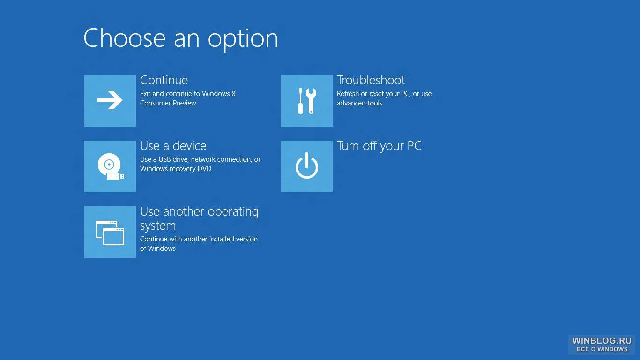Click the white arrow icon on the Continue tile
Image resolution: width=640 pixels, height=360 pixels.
click(x=110, y=100)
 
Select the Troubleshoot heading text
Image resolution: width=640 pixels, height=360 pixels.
click(x=371, y=80)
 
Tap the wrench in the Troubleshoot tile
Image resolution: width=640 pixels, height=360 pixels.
click(x=311, y=101)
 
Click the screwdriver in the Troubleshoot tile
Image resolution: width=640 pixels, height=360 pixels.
click(x=300, y=101)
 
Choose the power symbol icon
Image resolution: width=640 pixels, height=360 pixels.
click(x=307, y=166)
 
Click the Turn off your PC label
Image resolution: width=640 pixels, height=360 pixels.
click(x=379, y=146)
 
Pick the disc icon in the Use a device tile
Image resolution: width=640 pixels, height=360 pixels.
click(x=109, y=164)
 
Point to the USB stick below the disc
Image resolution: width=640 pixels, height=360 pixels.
click(x=115, y=176)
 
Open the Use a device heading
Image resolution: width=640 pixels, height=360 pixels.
click(x=173, y=146)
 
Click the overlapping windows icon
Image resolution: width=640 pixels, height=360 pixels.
click(x=110, y=233)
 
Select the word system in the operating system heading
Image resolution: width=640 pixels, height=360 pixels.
click(x=158, y=226)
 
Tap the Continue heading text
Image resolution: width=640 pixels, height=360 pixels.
click(x=164, y=80)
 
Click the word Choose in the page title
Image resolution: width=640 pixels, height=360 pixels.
click(x=125, y=38)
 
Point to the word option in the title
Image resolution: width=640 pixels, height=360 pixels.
click(x=243, y=40)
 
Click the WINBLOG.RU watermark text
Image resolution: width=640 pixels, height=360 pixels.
click(x=602, y=341)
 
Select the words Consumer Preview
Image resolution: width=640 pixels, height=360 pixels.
click(x=168, y=103)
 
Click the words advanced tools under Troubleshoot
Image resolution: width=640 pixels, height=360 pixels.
click(x=359, y=103)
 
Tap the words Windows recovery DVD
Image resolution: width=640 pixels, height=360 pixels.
click(x=176, y=169)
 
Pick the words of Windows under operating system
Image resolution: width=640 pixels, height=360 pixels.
click(x=158, y=248)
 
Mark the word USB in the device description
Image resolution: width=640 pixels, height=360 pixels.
click(x=164, y=159)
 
